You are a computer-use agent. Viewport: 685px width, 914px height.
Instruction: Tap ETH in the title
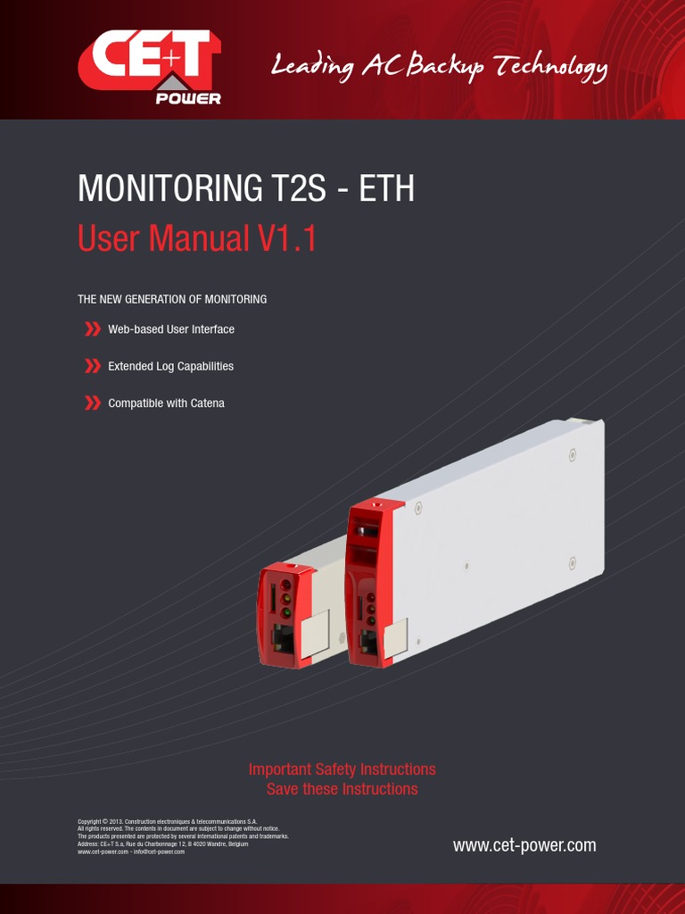(386, 189)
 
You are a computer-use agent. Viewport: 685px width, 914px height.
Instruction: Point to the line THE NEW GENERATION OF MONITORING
(172, 299)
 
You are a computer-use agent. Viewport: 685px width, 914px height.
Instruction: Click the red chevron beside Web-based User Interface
(92, 329)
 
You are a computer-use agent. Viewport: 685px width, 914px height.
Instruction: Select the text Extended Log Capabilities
(170, 366)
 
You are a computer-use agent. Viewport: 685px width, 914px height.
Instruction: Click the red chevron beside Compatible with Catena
(92, 403)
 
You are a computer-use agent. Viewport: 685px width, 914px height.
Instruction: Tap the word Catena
(207, 403)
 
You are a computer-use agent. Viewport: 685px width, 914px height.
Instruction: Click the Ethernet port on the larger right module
(368, 642)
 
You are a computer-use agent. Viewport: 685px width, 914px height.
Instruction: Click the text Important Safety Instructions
(342, 769)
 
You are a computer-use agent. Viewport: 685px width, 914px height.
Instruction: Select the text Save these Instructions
(342, 789)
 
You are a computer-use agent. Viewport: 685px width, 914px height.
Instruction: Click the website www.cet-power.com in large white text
(524, 845)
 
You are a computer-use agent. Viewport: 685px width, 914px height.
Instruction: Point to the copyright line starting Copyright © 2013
(168, 820)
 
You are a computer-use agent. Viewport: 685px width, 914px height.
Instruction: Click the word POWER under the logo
(188, 98)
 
